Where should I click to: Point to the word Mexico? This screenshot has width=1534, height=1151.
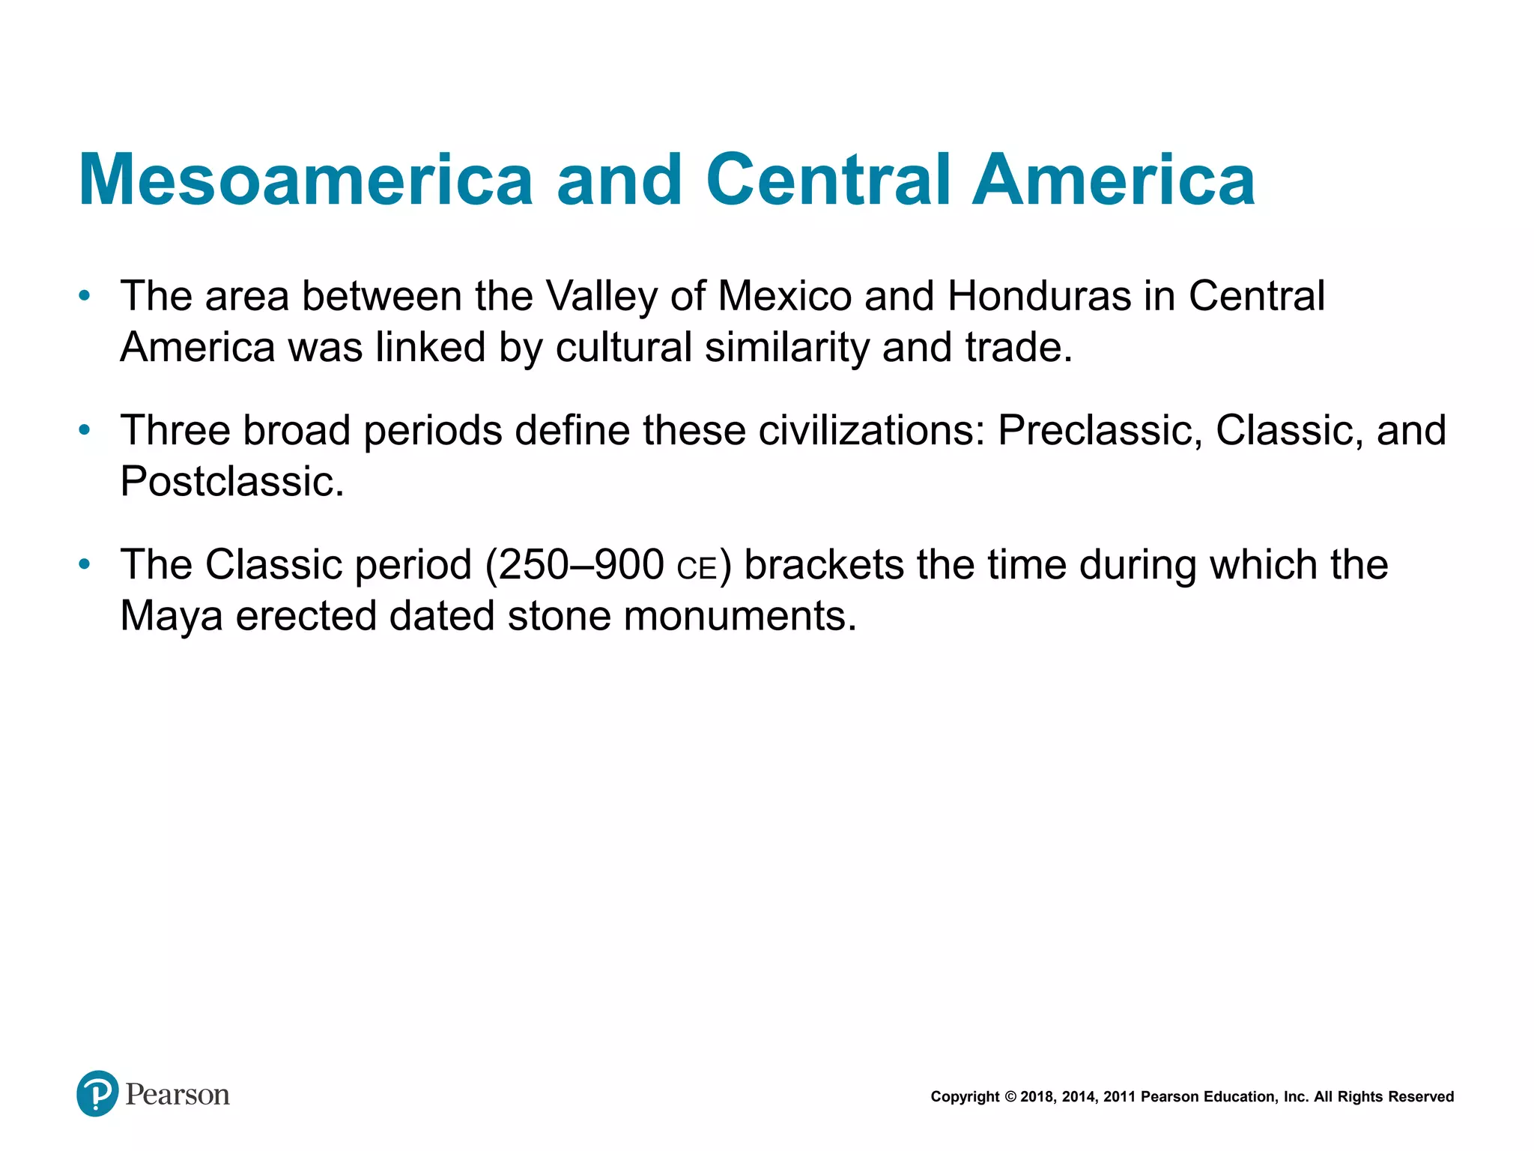tap(785, 296)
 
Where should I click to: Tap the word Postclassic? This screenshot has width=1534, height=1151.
tap(231, 481)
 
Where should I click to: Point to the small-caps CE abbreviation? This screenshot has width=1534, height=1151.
tap(696, 569)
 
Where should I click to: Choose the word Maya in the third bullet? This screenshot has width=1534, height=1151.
tap(172, 617)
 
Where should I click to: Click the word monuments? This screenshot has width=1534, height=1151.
tap(739, 616)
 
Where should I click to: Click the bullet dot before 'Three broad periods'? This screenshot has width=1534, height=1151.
tap(85, 430)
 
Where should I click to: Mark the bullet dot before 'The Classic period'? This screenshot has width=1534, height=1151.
tap(85, 564)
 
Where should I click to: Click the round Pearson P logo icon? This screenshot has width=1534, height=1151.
tap(97, 1093)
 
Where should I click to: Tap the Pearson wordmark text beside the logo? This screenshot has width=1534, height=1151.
tap(178, 1095)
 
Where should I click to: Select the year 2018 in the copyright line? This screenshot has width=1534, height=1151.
tap(1037, 1097)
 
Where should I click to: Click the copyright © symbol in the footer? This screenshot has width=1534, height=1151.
tap(1010, 1097)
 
